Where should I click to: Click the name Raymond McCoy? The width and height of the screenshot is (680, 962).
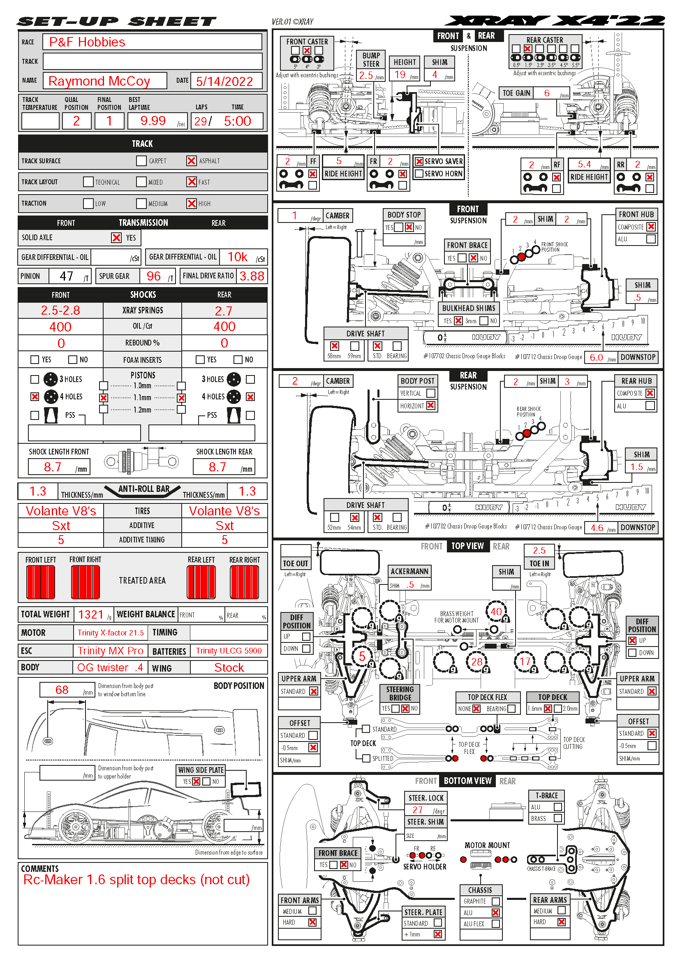99,81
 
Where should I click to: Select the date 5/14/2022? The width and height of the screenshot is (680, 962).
224,81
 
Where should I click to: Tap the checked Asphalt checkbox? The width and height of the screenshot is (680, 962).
191,161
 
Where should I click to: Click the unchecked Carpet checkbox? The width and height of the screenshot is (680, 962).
141,161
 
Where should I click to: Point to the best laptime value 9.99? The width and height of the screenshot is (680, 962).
153,121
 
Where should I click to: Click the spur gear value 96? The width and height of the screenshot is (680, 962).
154,276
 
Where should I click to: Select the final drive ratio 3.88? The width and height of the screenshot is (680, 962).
252,276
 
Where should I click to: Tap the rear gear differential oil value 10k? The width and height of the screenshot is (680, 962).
237,257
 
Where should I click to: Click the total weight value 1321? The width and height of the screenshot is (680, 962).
90,614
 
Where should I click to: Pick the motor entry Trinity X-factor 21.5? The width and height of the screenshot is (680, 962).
111,633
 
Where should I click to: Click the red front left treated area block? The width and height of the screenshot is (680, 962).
41,582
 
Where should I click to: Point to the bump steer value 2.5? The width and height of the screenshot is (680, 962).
366,75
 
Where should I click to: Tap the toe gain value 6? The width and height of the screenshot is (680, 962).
547,93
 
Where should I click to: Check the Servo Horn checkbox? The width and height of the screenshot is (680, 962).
419,174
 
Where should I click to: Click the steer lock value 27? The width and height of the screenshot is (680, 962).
417,810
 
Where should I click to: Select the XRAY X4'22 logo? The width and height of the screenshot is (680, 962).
554,21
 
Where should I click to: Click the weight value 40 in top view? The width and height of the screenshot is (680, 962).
496,612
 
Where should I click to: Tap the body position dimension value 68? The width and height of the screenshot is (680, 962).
62,690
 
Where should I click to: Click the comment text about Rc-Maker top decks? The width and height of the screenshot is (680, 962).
136,880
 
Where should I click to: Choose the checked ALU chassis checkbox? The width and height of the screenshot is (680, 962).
496,913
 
